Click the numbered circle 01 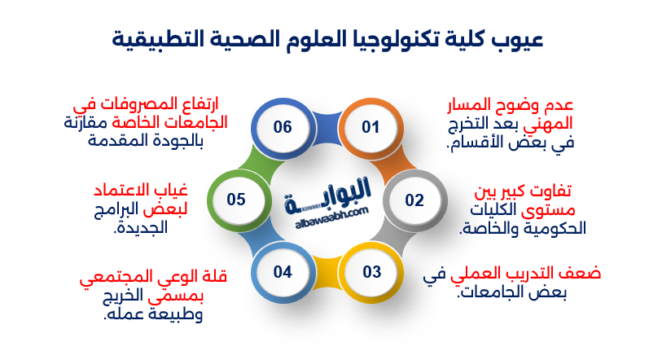point(371,127)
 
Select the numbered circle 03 point(371,271)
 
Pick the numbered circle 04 point(283,271)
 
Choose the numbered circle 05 point(236,200)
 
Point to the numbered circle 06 point(283,127)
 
